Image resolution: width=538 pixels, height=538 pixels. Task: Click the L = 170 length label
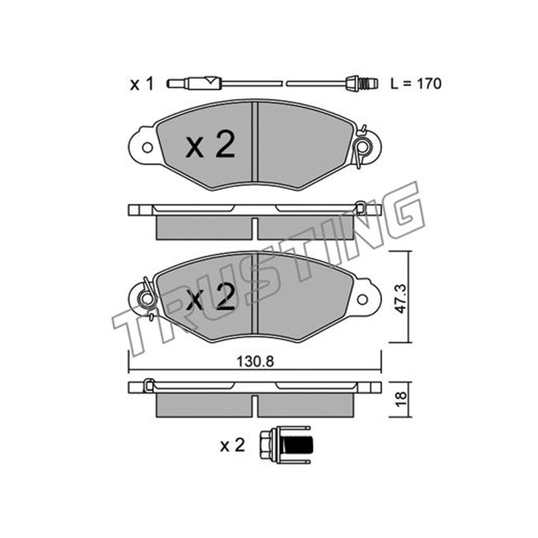(416, 83)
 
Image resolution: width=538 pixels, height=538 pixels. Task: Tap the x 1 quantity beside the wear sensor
(141, 84)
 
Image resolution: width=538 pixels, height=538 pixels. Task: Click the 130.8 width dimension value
(256, 361)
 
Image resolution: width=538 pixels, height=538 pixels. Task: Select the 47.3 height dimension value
(400, 299)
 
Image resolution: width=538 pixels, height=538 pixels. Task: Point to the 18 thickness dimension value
(400, 399)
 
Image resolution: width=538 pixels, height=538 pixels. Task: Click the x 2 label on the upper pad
(210, 145)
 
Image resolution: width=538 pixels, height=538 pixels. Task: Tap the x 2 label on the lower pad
(210, 297)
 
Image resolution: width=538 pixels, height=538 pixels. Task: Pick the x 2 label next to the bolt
(232, 445)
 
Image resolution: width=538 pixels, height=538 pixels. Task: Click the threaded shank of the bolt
(298, 445)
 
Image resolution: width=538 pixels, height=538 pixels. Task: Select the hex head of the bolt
(266, 445)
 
